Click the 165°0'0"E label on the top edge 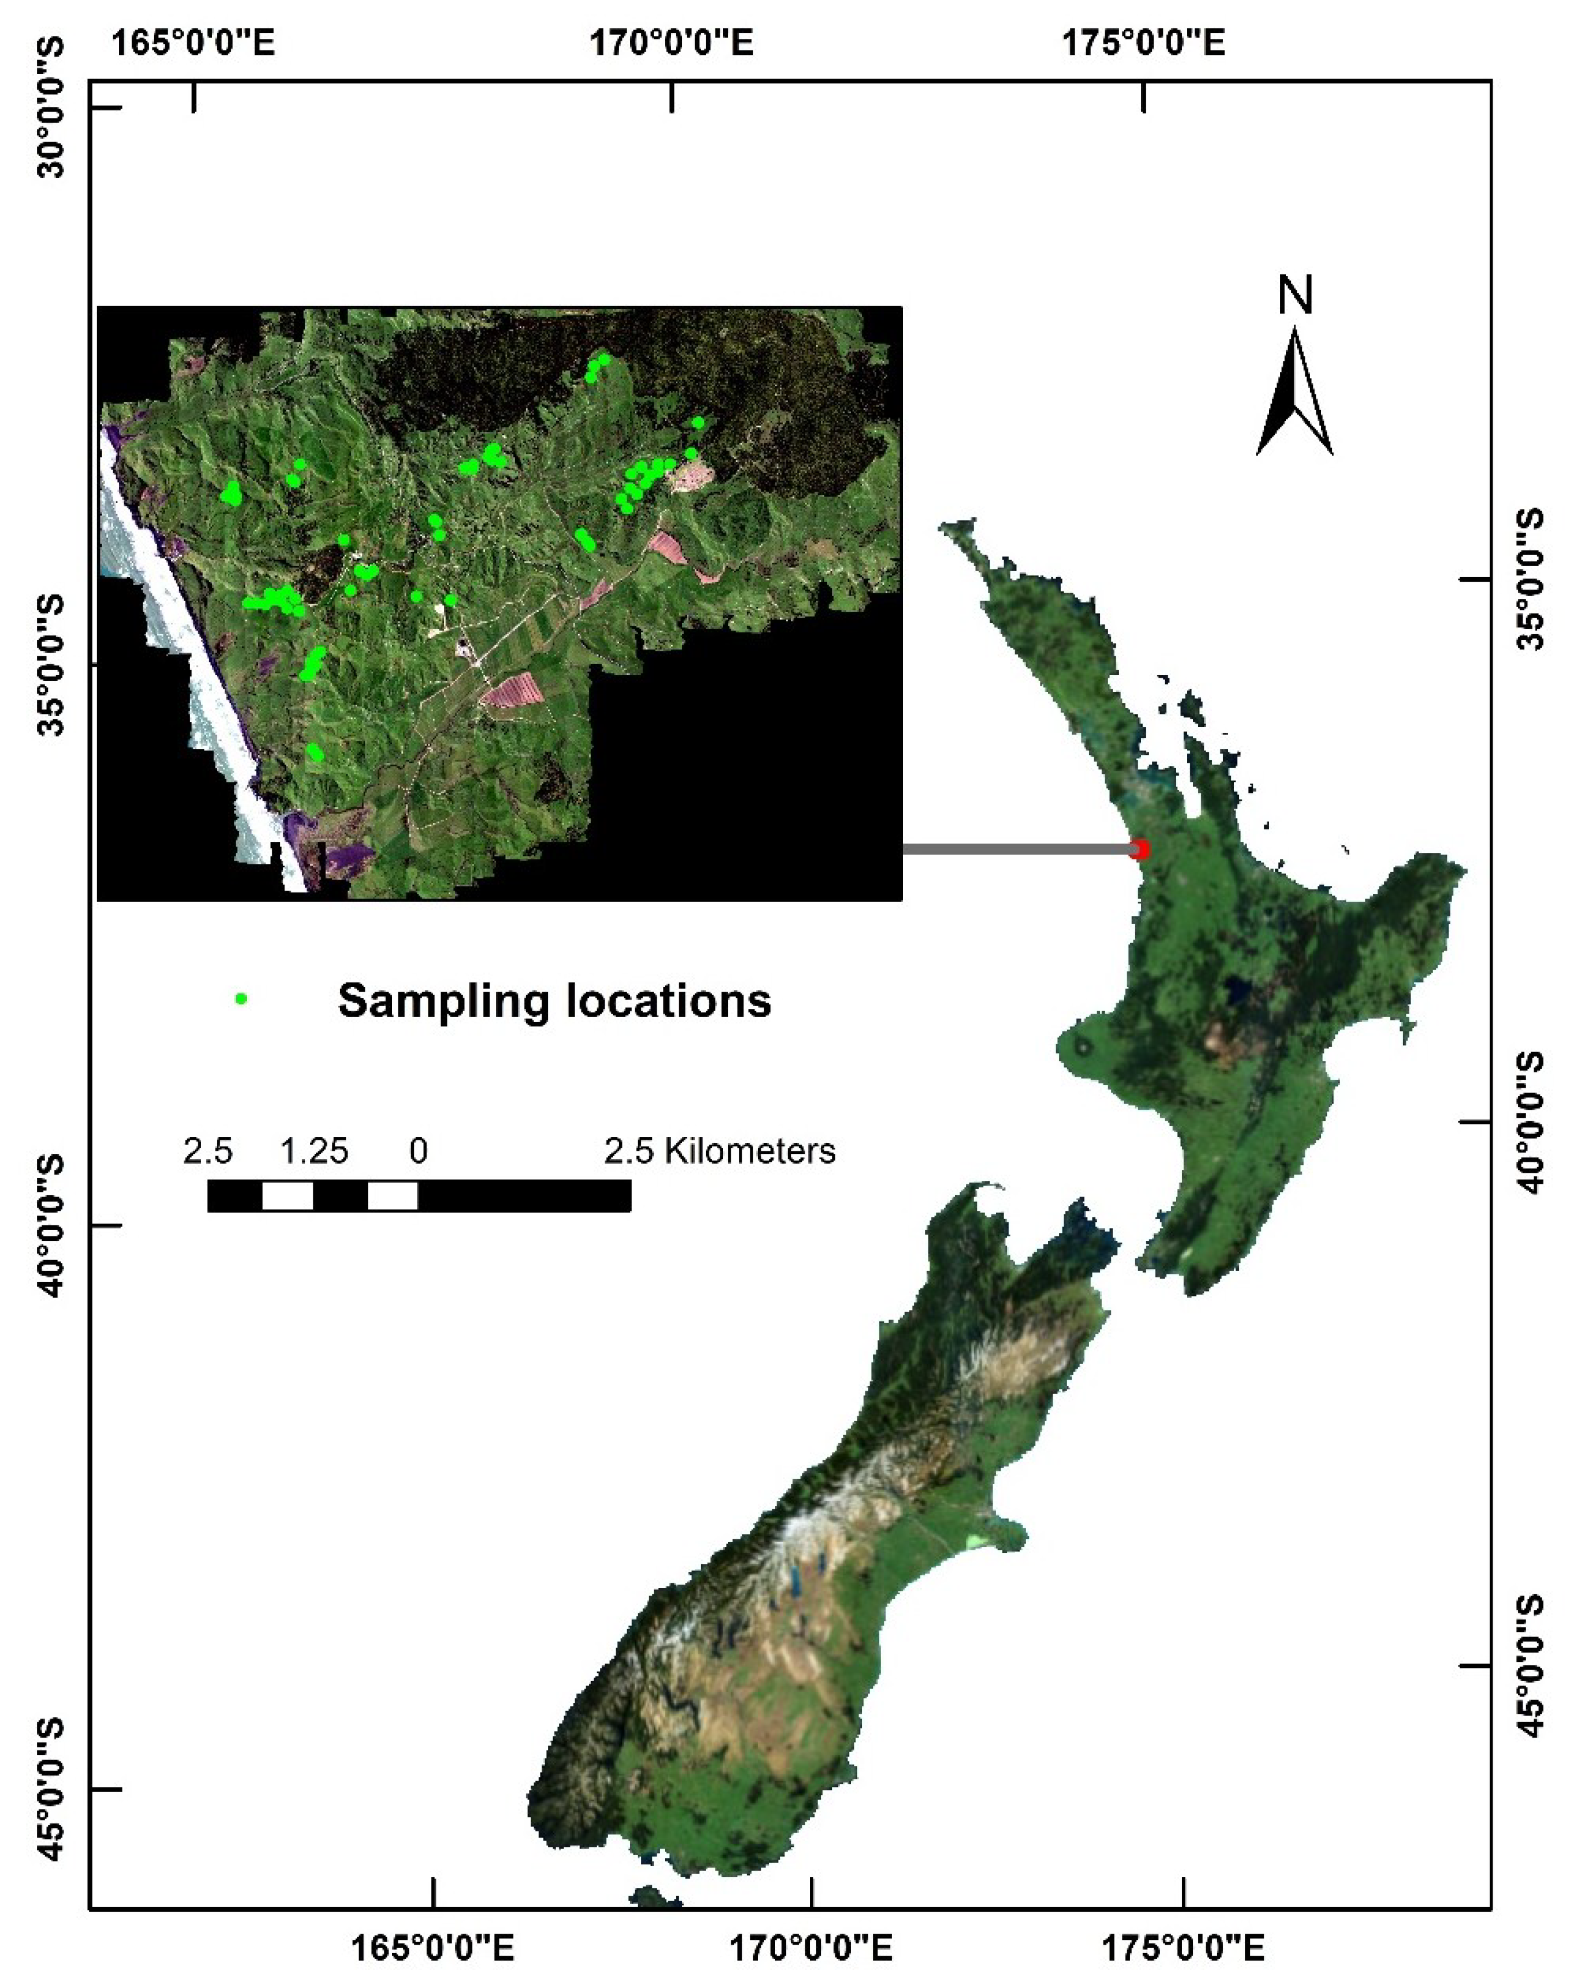193,42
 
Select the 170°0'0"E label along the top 672,42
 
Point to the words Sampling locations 554,1000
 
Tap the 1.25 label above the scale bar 314,1150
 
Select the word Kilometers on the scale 750,1150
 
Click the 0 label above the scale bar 418,1150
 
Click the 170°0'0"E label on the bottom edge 810,1946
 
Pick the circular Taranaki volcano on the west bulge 1082,1046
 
